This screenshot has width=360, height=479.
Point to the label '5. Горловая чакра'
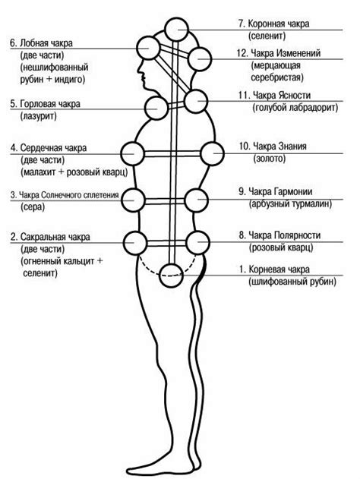[45, 103]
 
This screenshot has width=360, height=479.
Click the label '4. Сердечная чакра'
[47, 147]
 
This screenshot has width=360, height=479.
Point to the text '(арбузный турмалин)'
[289, 204]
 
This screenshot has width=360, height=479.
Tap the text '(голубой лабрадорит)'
[289, 109]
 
